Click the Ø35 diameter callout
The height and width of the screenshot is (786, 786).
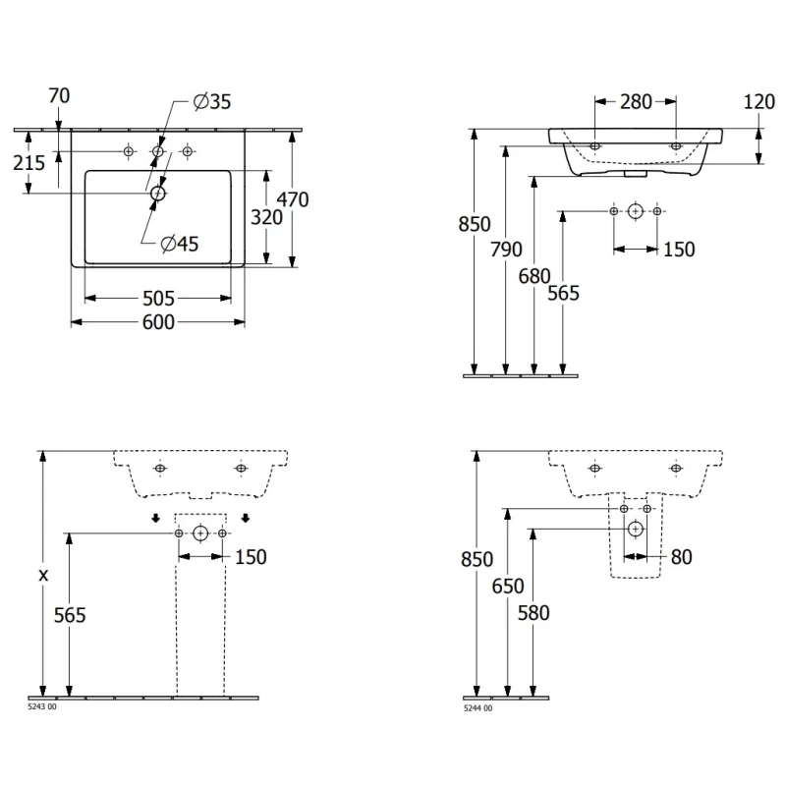212,101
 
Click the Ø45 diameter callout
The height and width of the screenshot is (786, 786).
180,245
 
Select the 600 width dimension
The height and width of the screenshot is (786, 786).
158,323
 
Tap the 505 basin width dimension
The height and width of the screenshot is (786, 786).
158,298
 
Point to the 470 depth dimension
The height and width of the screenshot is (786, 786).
292,199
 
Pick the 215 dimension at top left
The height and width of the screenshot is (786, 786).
29,162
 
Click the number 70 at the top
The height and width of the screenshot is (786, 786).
59,95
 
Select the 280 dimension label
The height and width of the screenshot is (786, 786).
636,101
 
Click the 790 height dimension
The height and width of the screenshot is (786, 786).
505,250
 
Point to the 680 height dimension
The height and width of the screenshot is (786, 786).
535,276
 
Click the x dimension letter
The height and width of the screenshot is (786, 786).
42,576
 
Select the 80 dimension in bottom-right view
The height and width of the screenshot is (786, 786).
681,557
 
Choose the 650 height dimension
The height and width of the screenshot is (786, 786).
507,588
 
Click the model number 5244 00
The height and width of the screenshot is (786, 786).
477,707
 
